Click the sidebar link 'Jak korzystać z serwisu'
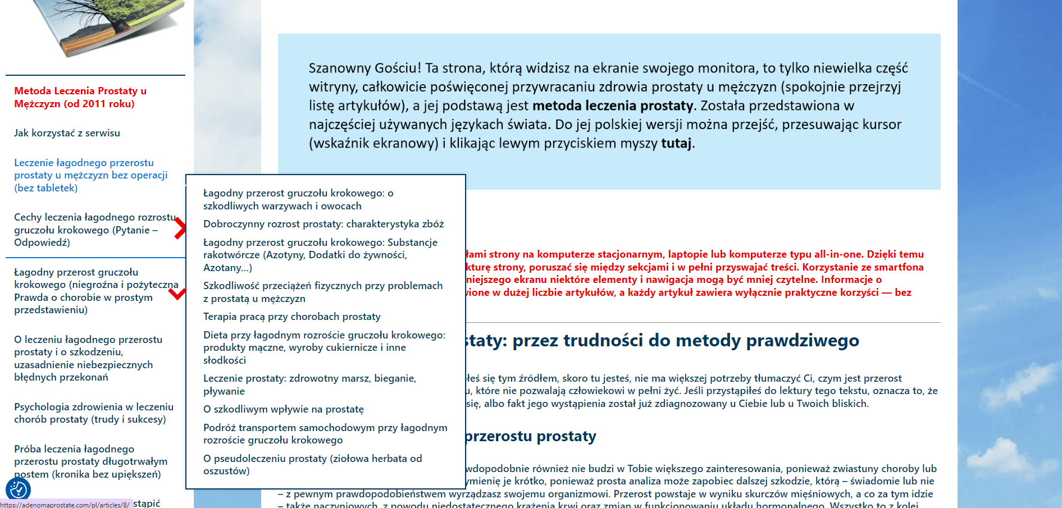(x=67, y=133)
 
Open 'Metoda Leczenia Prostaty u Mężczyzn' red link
(x=80, y=97)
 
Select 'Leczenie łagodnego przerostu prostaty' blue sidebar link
(x=90, y=175)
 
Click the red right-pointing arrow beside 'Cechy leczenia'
(x=180, y=228)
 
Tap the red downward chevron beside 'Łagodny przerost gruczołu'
(x=177, y=294)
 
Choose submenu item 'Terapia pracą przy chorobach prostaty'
(x=291, y=317)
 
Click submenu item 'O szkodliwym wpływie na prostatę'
(x=283, y=409)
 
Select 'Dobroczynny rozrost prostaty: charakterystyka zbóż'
(x=323, y=224)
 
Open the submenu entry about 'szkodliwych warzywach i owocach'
(x=298, y=199)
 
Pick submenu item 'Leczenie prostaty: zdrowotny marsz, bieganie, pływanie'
(x=309, y=385)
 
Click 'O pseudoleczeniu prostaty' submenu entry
(x=312, y=464)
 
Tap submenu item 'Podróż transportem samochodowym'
(x=325, y=434)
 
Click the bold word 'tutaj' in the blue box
(x=676, y=143)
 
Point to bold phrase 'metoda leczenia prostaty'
(x=613, y=106)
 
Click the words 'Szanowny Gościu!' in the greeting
(x=364, y=68)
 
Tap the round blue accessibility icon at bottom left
(x=18, y=489)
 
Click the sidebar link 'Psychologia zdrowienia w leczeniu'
(x=94, y=413)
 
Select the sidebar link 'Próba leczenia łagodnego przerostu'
(x=90, y=461)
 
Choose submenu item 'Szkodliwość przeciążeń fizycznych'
(x=322, y=292)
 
